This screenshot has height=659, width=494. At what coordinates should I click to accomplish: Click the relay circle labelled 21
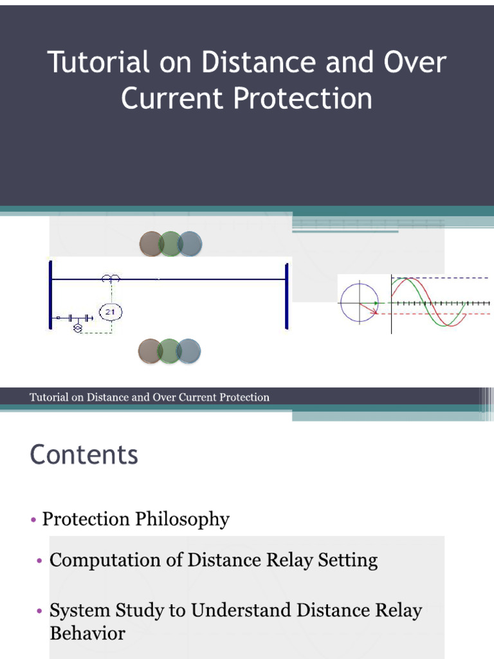coord(109,312)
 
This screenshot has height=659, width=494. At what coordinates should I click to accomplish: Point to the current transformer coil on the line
coord(111,278)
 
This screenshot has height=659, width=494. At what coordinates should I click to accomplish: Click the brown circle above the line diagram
coord(152,244)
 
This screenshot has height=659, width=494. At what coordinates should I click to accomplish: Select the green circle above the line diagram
coord(170,244)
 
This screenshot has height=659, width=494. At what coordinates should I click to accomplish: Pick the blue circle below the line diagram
coord(189,351)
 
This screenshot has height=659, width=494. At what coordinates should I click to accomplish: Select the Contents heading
coord(84,454)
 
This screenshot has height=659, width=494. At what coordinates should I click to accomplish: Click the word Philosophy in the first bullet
coord(182,519)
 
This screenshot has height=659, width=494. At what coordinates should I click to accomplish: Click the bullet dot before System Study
coord(39,611)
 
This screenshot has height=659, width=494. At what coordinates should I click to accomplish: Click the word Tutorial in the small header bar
coord(48,397)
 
